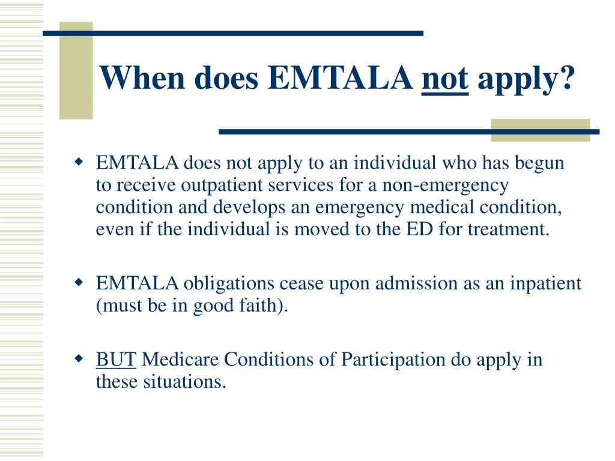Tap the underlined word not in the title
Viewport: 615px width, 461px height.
445,78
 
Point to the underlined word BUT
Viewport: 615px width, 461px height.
117,360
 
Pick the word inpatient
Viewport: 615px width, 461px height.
545,283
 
